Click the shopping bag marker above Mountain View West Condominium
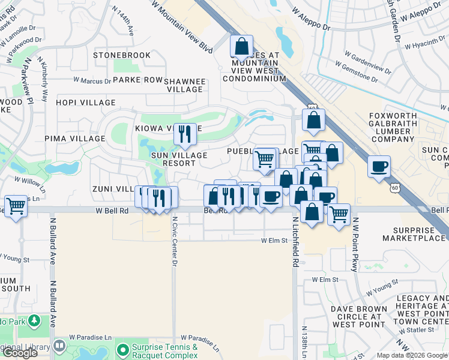click(x=241, y=47)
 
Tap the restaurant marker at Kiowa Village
click(x=185, y=133)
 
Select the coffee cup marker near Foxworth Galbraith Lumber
click(x=379, y=167)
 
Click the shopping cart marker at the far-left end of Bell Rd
click(x=16, y=206)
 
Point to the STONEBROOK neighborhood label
click(x=122, y=55)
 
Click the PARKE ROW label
click(x=137, y=80)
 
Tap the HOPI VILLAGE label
click(x=81, y=103)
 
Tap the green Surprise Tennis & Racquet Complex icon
click(x=122, y=349)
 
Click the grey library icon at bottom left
click(x=59, y=346)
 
